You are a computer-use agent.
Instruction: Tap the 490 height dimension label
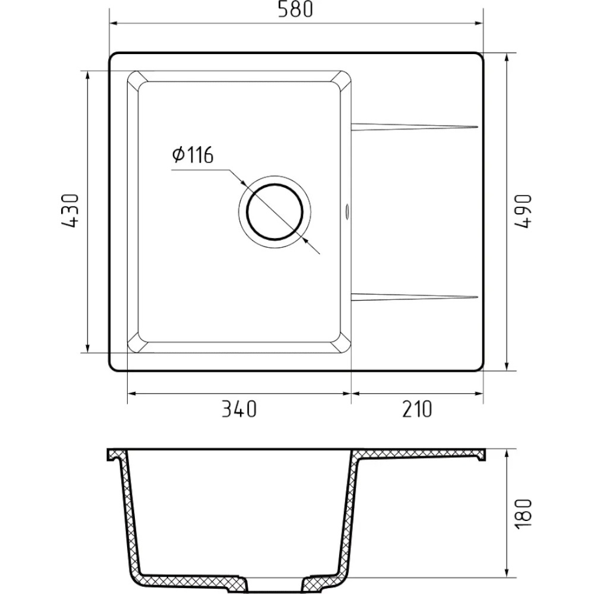[x=523, y=211]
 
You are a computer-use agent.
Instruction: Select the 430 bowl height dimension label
[x=71, y=211]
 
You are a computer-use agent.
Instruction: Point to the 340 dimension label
[x=239, y=409]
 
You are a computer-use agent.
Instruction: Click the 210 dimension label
[x=417, y=409]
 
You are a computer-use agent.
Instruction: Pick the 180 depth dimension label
[x=523, y=514]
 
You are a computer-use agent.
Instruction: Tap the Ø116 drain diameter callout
[x=193, y=155]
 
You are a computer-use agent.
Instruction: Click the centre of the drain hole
[x=274, y=212]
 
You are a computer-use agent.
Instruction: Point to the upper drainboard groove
[x=415, y=127]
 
